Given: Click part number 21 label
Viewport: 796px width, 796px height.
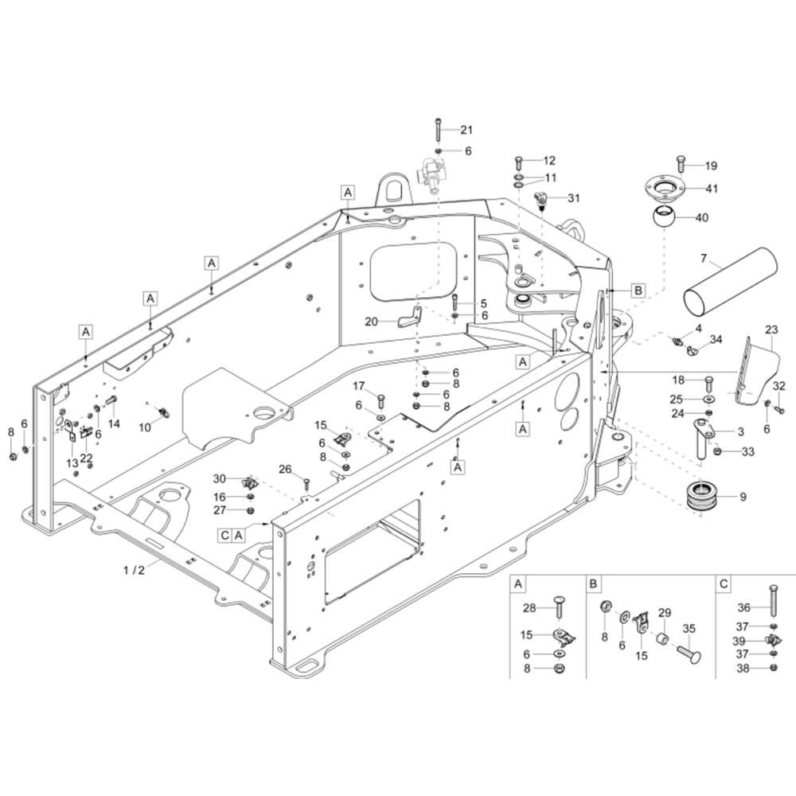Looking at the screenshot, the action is (x=466, y=130).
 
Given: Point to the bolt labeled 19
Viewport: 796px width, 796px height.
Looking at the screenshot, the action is (x=681, y=165).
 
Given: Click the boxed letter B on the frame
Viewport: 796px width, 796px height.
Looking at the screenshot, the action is (x=638, y=291).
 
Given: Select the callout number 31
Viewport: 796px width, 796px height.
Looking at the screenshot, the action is (x=573, y=198).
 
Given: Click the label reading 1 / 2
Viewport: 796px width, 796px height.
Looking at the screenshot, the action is (x=134, y=570).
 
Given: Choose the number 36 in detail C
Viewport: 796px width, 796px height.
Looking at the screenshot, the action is (x=743, y=607).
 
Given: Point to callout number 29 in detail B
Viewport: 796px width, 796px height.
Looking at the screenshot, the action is (x=665, y=613).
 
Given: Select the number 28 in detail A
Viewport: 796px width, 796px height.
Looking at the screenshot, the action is (x=529, y=607).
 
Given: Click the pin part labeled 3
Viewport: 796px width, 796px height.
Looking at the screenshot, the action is (x=704, y=438).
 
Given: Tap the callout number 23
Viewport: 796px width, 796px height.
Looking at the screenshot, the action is (x=771, y=330).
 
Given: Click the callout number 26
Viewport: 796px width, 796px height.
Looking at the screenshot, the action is (x=285, y=469).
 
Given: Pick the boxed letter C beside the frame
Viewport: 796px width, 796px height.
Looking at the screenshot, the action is (x=225, y=535).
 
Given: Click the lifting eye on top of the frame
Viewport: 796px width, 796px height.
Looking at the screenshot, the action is (x=393, y=189).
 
